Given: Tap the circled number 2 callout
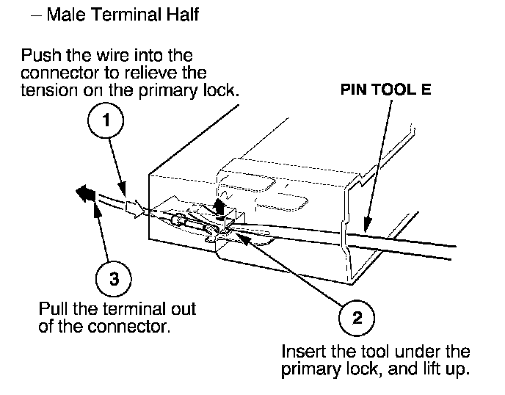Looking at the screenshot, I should (357, 318).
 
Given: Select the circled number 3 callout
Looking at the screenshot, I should (114, 278).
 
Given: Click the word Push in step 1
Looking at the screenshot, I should (39, 56).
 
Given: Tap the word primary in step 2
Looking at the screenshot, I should (308, 369).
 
